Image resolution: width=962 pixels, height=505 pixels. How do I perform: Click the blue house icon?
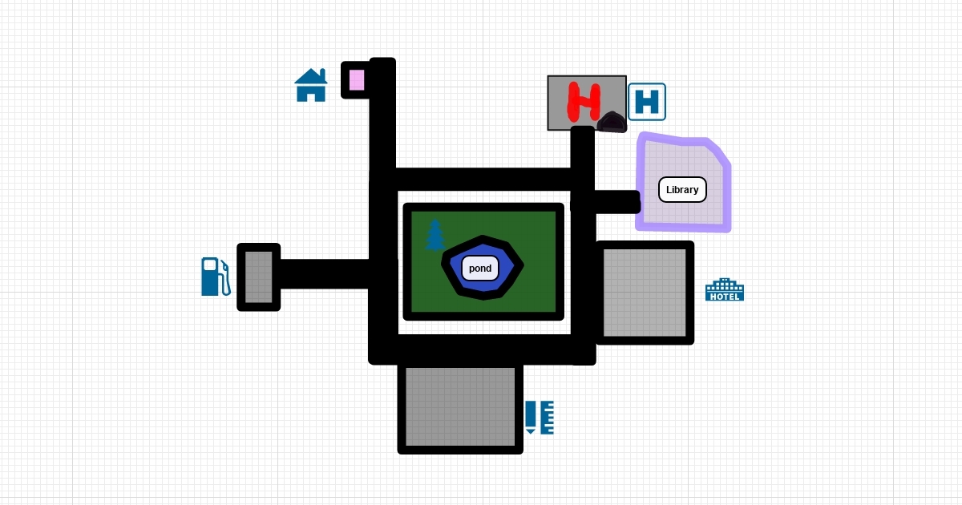(x=311, y=86)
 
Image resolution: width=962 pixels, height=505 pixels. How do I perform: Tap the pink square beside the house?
(x=357, y=80)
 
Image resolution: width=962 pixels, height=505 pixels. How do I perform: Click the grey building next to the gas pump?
(x=259, y=277)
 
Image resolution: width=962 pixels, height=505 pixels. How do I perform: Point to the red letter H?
(x=584, y=102)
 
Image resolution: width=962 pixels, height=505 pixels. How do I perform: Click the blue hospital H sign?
(x=647, y=102)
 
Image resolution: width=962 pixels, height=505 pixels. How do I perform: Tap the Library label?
(x=682, y=190)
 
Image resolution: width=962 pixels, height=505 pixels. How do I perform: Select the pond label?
(x=480, y=269)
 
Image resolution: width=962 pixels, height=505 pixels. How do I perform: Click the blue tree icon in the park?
(x=435, y=235)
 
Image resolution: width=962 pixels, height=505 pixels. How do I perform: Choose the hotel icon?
(x=725, y=289)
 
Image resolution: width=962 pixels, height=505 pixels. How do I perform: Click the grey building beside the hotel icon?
(x=645, y=293)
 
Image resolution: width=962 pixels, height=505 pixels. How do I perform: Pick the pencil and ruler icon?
(x=540, y=418)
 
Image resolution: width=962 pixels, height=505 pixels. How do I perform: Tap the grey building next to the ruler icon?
(x=460, y=406)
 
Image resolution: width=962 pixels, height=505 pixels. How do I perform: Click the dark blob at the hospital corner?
(x=613, y=122)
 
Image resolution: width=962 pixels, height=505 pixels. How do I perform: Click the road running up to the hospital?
(x=583, y=152)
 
